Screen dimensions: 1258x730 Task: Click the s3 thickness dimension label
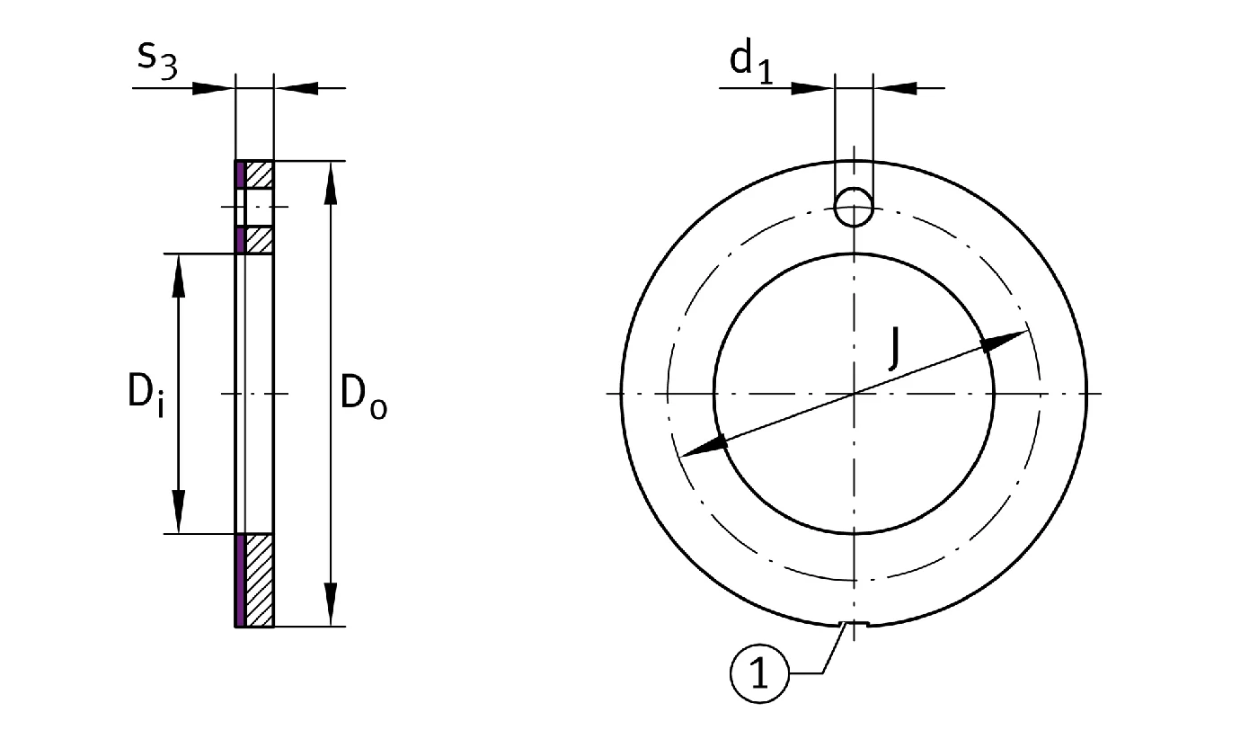(x=158, y=61)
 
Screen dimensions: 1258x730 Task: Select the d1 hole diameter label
(x=751, y=64)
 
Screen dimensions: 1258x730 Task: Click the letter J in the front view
(x=895, y=349)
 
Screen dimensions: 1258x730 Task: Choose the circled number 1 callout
(x=759, y=673)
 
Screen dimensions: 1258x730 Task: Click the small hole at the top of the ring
(x=854, y=207)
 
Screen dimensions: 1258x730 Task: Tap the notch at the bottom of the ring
(x=854, y=624)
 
